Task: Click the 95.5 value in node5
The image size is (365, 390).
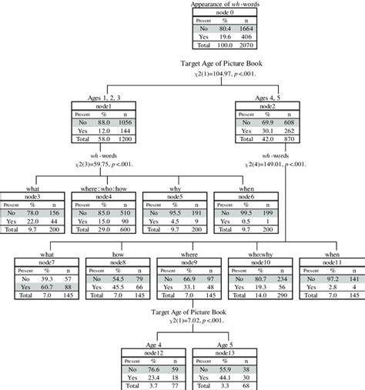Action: (x=175, y=211)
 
